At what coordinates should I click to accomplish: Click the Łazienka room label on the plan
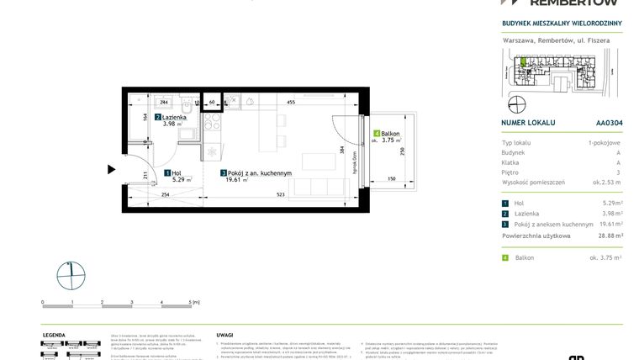click(x=174, y=118)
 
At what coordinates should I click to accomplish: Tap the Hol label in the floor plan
click(x=177, y=172)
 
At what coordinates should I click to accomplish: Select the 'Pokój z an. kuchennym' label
click(x=260, y=173)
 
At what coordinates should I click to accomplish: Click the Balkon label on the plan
click(x=388, y=135)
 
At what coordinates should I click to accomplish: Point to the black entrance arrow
click(x=111, y=169)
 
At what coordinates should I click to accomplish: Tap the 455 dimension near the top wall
click(x=290, y=101)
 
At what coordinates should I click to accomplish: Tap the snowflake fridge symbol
click(x=211, y=151)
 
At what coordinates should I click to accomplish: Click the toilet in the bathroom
click(x=192, y=107)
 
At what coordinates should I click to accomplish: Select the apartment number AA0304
click(x=597, y=122)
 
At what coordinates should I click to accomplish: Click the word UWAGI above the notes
click(x=224, y=334)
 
